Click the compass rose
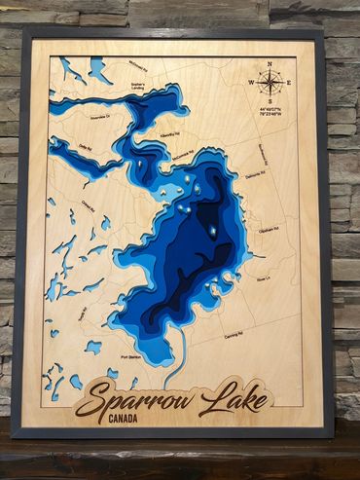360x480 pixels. point(270,83)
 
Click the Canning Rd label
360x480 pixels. point(233,334)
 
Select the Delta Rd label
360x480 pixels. point(86,148)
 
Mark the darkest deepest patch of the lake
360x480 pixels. point(208,214)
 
